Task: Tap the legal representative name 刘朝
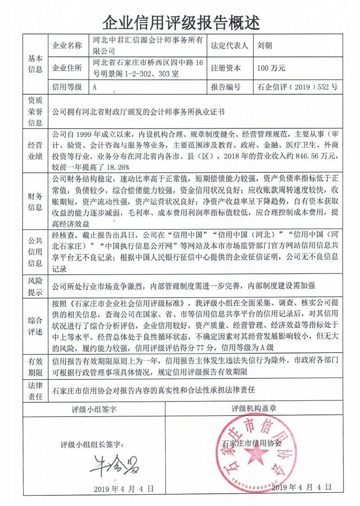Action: point(265,45)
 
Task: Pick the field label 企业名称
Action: point(67,45)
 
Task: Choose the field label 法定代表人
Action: point(229,45)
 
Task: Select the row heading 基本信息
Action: point(36,64)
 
